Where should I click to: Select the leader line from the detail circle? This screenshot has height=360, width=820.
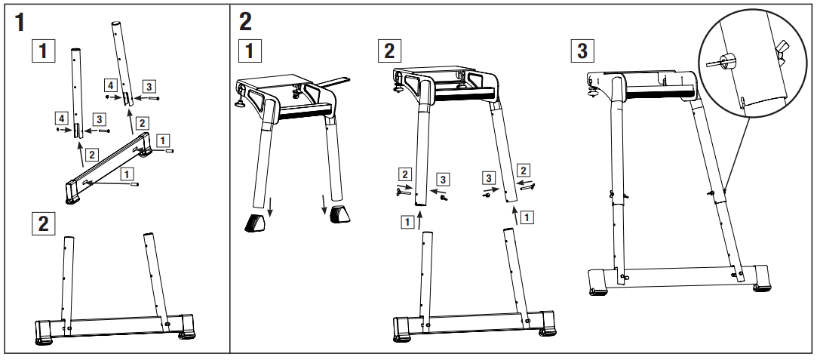pos(736,151)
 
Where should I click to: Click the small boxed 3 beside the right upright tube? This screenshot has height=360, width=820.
pos(148,85)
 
